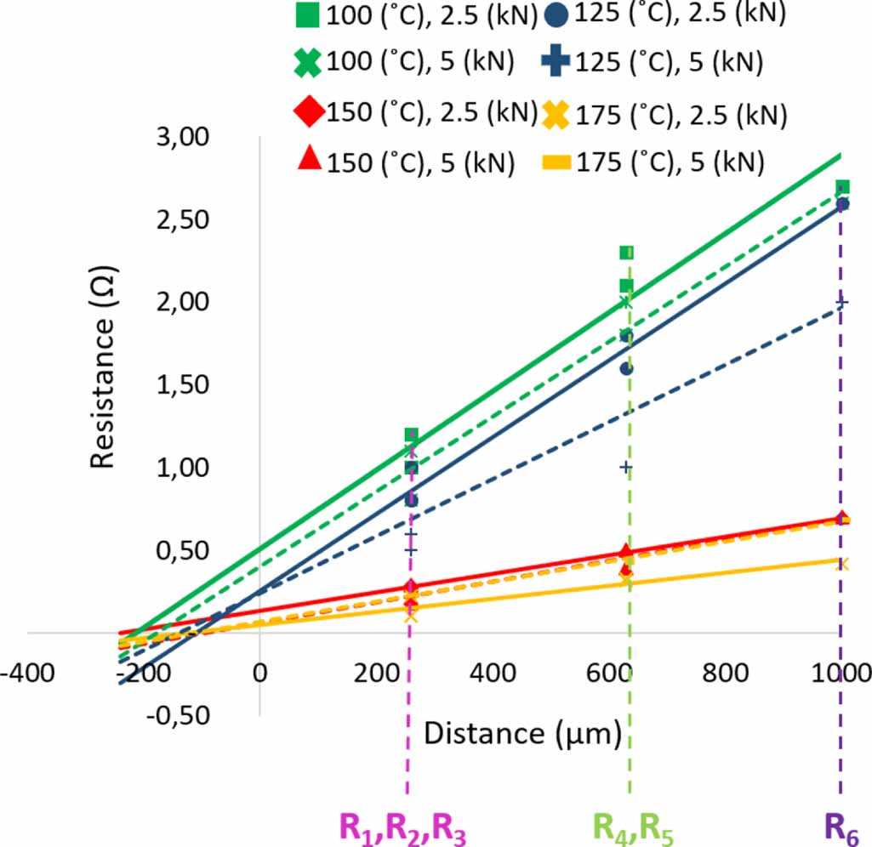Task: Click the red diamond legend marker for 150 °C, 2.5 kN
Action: pyautogui.click(x=310, y=111)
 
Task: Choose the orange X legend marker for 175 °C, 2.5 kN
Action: pyautogui.click(x=557, y=113)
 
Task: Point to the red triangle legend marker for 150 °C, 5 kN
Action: pyautogui.click(x=310, y=159)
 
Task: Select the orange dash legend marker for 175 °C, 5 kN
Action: pyautogui.click(x=557, y=161)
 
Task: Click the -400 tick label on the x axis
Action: pyautogui.click(x=28, y=673)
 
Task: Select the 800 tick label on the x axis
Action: pyautogui.click(x=726, y=673)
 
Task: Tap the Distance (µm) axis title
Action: pyautogui.click(x=521, y=732)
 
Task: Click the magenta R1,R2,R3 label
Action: pyautogui.click(x=402, y=827)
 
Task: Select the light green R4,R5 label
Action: pyautogui.click(x=633, y=827)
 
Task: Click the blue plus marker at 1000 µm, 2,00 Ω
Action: pyautogui.click(x=842, y=303)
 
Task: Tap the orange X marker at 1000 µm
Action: pyautogui.click(x=842, y=563)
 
